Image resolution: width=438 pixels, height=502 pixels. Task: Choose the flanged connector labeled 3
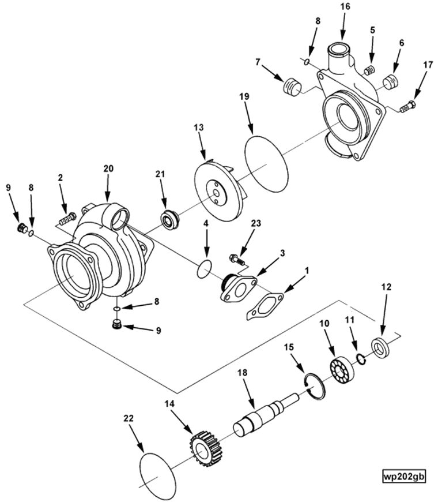[237, 286]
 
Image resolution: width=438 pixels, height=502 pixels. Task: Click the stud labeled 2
[67, 218]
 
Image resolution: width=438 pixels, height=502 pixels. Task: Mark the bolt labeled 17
[407, 106]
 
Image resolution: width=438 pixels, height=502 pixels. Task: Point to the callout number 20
[108, 168]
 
